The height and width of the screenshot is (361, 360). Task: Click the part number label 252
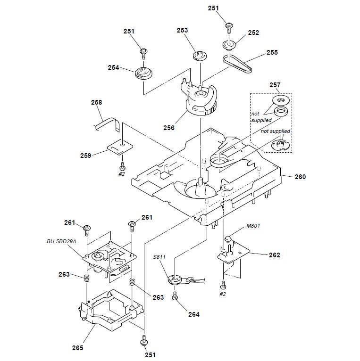(253, 33)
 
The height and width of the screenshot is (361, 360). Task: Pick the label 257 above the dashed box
(275, 85)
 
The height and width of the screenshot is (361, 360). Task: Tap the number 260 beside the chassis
(300, 177)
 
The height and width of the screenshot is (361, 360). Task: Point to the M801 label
(254, 226)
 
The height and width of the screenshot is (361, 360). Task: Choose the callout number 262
(274, 255)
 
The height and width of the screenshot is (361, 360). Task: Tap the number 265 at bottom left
(78, 348)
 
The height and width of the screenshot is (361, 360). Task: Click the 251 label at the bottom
(150, 354)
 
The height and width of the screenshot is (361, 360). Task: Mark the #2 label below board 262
(222, 294)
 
